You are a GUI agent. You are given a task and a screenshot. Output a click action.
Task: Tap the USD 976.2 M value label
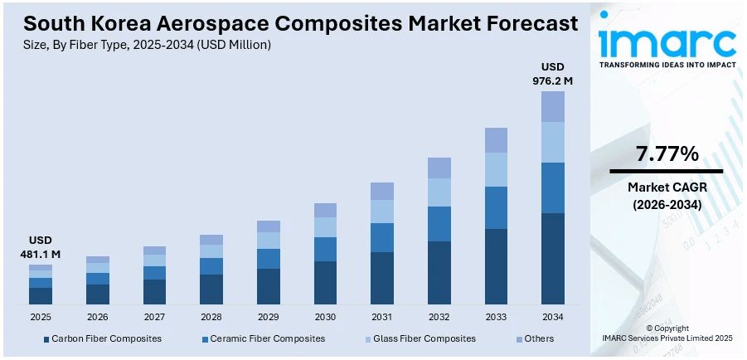(x=552, y=74)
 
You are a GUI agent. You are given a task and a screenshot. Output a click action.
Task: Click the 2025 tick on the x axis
(x=40, y=317)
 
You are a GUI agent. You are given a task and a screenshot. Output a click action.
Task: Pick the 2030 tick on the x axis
(x=325, y=317)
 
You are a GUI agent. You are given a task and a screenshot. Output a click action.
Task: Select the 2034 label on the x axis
(x=553, y=317)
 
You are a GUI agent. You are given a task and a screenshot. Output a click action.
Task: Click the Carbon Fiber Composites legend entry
(x=101, y=338)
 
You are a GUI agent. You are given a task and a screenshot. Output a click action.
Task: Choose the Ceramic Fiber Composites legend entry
(x=263, y=338)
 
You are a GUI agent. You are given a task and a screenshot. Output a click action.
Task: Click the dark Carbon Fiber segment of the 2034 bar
(x=553, y=259)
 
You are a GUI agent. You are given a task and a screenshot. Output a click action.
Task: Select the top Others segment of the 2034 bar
(x=553, y=106)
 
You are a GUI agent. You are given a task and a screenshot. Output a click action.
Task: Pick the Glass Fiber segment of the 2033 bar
(x=496, y=169)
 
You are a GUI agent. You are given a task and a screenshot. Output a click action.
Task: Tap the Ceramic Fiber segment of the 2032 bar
(x=439, y=224)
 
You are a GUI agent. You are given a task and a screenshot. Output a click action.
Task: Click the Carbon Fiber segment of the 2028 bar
(x=211, y=289)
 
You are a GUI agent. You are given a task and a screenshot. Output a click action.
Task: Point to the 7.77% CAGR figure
(x=667, y=153)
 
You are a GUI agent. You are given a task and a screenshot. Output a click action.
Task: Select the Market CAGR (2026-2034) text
(x=667, y=195)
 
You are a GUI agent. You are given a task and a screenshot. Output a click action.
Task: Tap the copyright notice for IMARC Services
(x=667, y=333)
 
